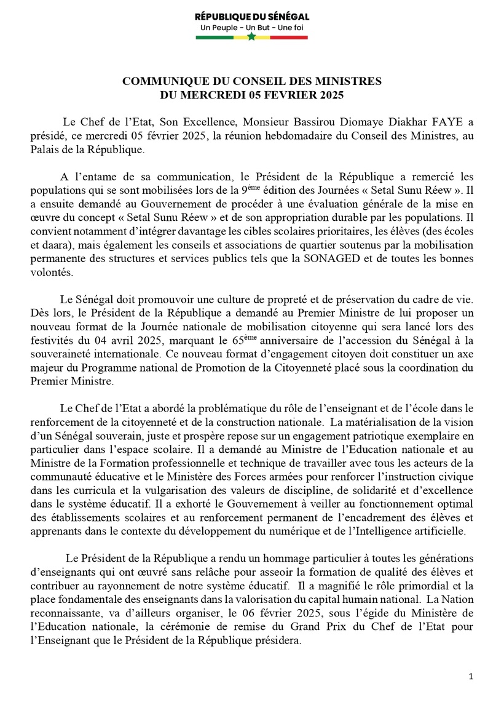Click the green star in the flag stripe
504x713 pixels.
251,37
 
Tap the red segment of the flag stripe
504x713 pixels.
289,38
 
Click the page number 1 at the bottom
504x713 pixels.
470,675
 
